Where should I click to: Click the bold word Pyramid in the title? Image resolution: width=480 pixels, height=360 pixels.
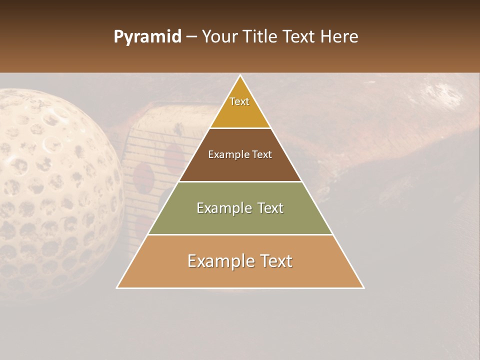[147, 37]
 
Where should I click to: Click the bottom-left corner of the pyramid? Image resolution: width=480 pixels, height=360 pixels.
[117, 287]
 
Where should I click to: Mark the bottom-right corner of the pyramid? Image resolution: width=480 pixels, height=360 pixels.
[363, 287]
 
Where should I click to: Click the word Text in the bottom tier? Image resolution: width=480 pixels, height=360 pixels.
[274, 261]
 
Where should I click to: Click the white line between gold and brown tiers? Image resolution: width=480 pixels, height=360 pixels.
[240, 128]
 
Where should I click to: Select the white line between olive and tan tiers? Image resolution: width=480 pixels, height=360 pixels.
[240, 234]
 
